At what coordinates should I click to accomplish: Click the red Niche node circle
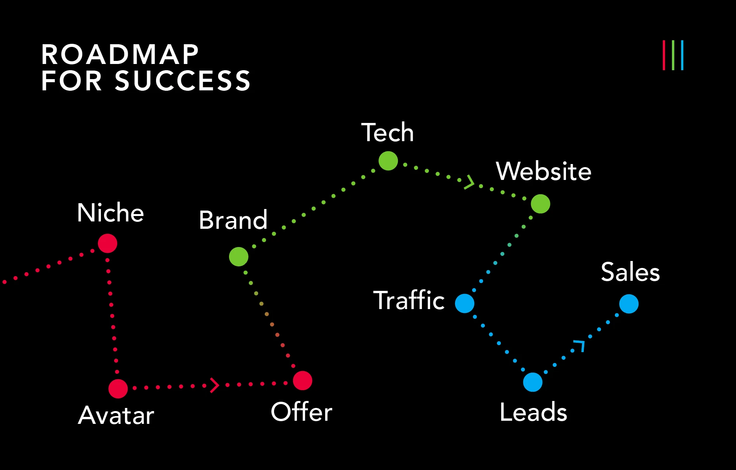[x=108, y=244]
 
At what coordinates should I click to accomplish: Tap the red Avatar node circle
[x=118, y=389]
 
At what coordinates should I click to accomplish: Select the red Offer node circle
[x=302, y=380]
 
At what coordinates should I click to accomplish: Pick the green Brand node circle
[x=239, y=257]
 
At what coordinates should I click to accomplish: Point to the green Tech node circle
[x=388, y=161]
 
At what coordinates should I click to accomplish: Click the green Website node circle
[x=540, y=204]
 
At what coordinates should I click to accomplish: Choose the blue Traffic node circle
[x=465, y=303]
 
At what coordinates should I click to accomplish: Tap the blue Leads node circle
[x=533, y=382]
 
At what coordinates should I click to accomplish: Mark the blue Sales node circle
[x=629, y=304]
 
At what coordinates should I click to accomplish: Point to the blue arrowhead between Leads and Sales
[x=580, y=345]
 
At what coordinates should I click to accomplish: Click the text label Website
[x=543, y=171]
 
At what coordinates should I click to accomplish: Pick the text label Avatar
[x=116, y=415]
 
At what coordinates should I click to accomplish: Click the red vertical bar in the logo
[x=664, y=55]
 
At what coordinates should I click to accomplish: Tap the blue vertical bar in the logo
[x=682, y=55]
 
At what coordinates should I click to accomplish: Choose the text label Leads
[x=533, y=412]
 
